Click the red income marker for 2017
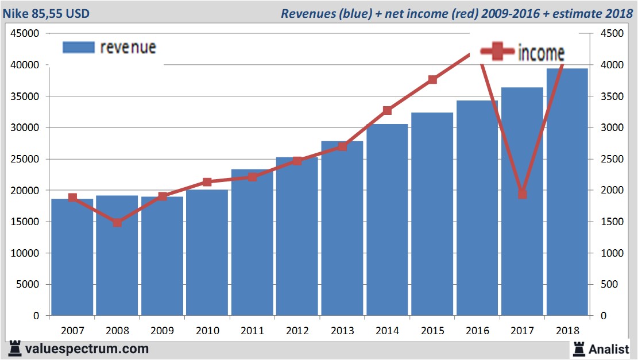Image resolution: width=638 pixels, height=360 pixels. [x=522, y=194]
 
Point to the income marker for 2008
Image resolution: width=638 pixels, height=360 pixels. [x=117, y=223]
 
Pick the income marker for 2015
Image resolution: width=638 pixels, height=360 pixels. [x=432, y=80]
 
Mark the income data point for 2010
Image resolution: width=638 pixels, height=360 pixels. [x=207, y=182]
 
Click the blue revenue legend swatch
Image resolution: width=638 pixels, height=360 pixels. [x=78, y=48]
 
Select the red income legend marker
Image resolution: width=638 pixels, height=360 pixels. [x=497, y=53]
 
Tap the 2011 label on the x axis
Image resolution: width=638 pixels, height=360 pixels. [x=252, y=331]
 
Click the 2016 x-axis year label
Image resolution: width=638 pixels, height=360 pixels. [x=477, y=331]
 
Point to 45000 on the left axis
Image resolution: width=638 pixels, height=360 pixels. [x=25, y=34]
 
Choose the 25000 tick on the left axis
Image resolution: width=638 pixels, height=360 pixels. [x=25, y=159]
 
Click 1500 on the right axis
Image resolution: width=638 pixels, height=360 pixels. [x=612, y=222]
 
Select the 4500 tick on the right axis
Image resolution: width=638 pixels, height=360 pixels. [x=612, y=34]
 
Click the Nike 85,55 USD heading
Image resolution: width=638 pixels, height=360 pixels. [x=46, y=13]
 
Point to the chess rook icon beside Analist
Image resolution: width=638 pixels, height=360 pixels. [x=578, y=349]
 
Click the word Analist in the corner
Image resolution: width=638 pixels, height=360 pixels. [x=609, y=349]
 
